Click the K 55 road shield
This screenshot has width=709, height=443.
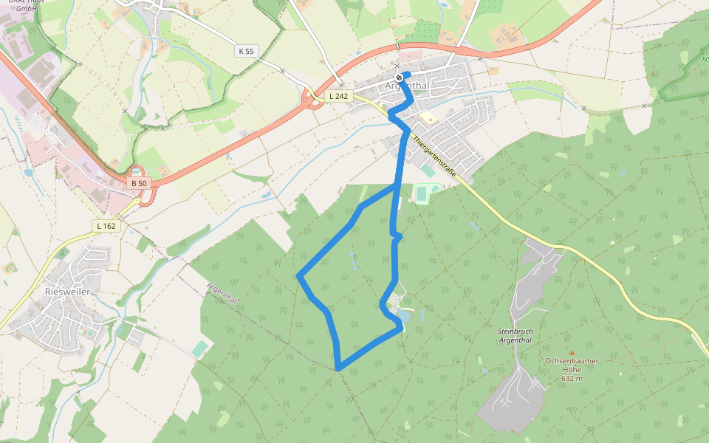click(x=247, y=51)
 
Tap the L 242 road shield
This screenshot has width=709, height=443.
click(x=338, y=96)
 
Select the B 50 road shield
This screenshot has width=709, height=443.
click(x=138, y=182)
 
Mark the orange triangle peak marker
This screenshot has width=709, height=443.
click(x=571, y=353)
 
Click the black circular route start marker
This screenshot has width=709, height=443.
click(x=399, y=77)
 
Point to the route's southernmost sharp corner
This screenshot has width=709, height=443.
click(x=338, y=367)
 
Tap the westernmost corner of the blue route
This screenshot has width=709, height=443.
click(x=298, y=276)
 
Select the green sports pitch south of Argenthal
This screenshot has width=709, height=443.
click(x=423, y=193)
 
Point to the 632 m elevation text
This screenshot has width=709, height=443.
click(x=572, y=378)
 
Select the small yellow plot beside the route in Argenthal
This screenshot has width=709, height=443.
click(x=426, y=117)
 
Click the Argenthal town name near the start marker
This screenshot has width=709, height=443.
click(x=408, y=86)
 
